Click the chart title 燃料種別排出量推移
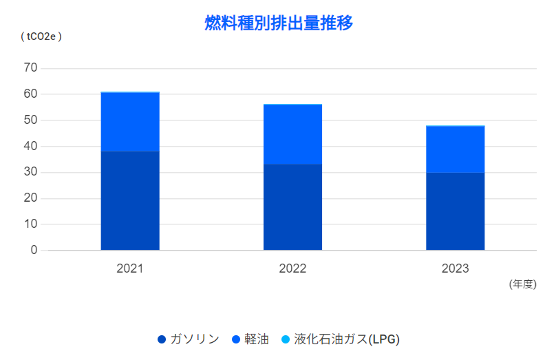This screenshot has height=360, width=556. coord(279,23)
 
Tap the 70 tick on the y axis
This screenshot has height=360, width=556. coord(30,68)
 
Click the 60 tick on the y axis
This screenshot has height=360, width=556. coord(30,94)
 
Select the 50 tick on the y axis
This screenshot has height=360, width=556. coord(30,120)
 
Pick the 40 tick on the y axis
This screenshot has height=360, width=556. coord(30,147)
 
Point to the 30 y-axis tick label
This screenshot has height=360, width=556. coord(30,173)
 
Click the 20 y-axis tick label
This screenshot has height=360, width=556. coord(30,198)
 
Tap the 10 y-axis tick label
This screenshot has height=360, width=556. coord(30,224)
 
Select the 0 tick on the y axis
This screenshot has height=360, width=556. coord(33,251)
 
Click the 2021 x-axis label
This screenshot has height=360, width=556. coord(130,268)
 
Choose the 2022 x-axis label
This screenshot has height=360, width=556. coord(292,268)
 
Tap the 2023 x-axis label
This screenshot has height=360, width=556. coord(455,268)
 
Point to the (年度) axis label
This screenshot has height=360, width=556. coord(522,284)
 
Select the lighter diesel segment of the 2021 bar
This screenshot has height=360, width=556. coord(130,122)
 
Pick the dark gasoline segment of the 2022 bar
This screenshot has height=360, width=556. coord(292,207)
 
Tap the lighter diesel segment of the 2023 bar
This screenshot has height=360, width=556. coord(455,149)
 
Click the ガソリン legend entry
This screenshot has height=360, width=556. coord(189,339)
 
